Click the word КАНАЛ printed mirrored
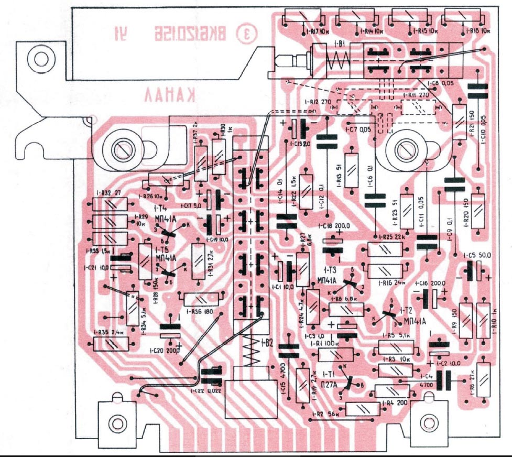170,95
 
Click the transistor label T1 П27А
335,380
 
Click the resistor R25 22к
385,250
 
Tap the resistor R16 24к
385,271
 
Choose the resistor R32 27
110,204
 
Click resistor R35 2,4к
111,344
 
